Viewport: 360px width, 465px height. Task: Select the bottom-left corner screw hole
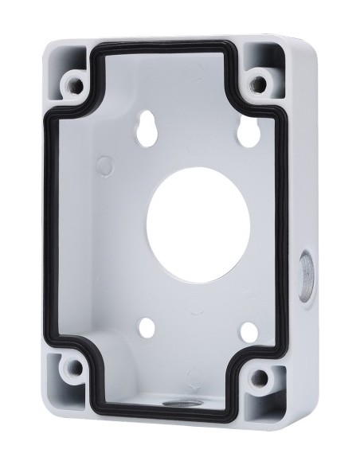point(74,369)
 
